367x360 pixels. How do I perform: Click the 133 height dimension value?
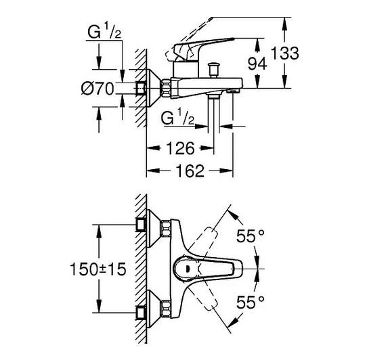[285, 53]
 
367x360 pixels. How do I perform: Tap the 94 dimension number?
[257, 64]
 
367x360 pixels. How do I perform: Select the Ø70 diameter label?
[98, 89]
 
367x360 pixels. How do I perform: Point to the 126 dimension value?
[180, 148]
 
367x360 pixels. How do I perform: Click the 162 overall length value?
[190, 171]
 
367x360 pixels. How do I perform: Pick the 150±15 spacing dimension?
[98, 269]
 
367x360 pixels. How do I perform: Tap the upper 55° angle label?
[251, 236]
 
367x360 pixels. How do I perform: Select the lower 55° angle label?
[251, 302]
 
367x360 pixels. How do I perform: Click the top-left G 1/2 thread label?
[104, 32]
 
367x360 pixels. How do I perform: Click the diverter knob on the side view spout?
[213, 70]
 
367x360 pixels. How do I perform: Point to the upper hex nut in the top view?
[166, 228]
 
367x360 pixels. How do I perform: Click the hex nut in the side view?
[165, 89]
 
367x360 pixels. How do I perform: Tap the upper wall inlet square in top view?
[141, 225]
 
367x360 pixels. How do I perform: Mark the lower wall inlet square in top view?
[141, 313]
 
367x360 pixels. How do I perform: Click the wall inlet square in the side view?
[141, 89]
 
